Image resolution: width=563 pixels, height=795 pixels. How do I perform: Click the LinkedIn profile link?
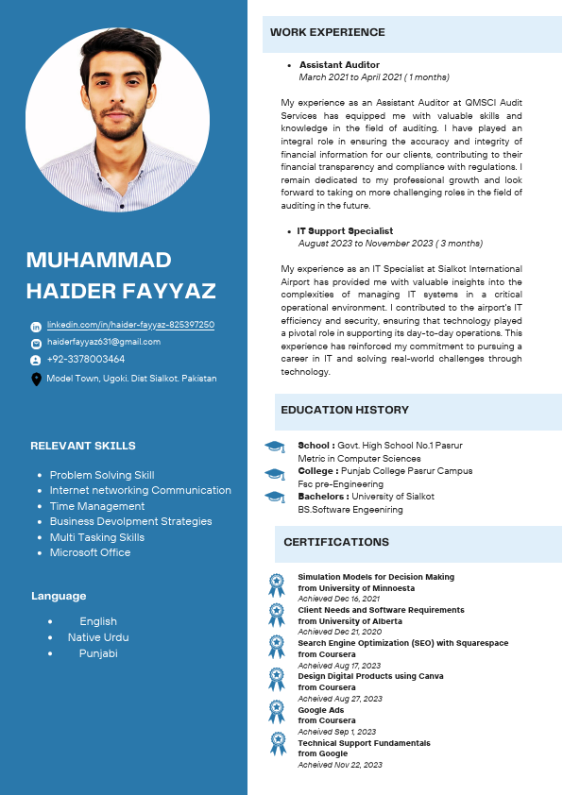pyautogui.click(x=130, y=325)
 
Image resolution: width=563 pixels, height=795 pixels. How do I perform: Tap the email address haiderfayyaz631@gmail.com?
pyautogui.click(x=104, y=342)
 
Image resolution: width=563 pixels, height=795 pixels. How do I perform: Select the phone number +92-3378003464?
pyautogui.click(x=86, y=360)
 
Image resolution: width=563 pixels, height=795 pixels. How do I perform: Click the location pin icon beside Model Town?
pyautogui.click(x=36, y=379)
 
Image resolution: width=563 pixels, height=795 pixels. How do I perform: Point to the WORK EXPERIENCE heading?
pyautogui.click(x=328, y=32)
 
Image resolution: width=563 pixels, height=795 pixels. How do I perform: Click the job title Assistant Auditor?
pyautogui.click(x=326, y=65)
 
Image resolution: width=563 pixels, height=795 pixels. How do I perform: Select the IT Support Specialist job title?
pyautogui.click(x=345, y=231)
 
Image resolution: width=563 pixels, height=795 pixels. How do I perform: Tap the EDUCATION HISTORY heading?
pyautogui.click(x=345, y=410)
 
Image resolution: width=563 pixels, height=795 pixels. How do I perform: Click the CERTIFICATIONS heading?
pyautogui.click(x=336, y=542)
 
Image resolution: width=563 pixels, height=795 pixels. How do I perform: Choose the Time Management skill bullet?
pyautogui.click(x=97, y=506)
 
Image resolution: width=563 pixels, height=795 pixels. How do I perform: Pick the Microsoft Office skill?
pyautogui.click(x=90, y=552)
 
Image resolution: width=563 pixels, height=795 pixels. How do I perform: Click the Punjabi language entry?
pyautogui.click(x=98, y=653)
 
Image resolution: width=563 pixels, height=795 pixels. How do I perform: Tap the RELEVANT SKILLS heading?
pyautogui.click(x=83, y=446)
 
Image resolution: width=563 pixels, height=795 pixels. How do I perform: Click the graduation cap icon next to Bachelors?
pyautogui.click(x=275, y=497)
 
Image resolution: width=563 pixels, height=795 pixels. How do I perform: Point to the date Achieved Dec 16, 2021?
pyautogui.click(x=339, y=599)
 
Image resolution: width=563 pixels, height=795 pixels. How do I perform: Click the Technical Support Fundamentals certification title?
pyautogui.click(x=364, y=743)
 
